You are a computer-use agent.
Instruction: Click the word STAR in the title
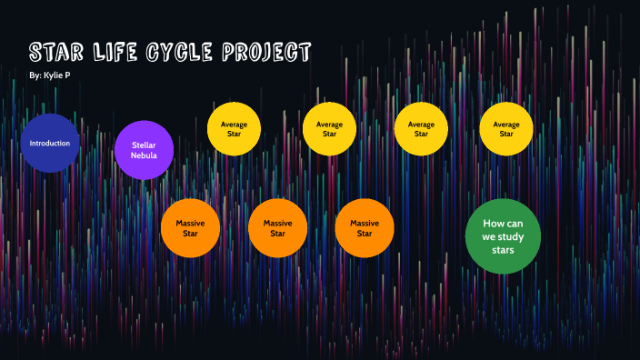pyautogui.click(x=60, y=51)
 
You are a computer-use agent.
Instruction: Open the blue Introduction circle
pyautogui.click(x=50, y=144)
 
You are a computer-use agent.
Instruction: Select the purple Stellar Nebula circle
pyautogui.click(x=145, y=150)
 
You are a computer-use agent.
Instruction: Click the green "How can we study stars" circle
pyautogui.click(x=503, y=235)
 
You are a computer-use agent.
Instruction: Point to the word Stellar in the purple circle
pyautogui.click(x=145, y=144)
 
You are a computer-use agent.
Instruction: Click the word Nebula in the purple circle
pyautogui.click(x=145, y=155)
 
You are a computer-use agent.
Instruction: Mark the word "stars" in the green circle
pyautogui.click(x=503, y=248)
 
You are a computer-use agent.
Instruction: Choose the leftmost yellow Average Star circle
pyautogui.click(x=235, y=128)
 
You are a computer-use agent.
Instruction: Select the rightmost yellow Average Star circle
pyautogui.click(x=506, y=128)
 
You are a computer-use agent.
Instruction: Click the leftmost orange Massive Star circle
pyautogui.click(x=190, y=227)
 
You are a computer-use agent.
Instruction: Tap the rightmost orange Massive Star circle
pyautogui.click(x=364, y=227)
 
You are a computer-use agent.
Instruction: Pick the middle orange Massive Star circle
pyautogui.click(x=277, y=227)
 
